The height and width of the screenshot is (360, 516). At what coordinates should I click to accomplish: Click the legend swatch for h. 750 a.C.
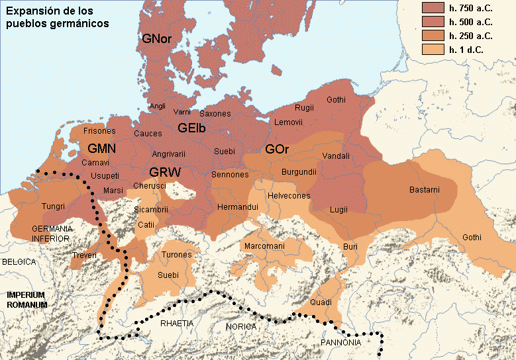coord(433,8)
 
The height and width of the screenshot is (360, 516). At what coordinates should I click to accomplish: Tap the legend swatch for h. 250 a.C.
coord(433,35)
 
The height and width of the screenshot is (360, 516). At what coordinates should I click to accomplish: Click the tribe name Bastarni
coord(424,190)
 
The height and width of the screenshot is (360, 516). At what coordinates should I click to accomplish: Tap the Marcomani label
coord(264,246)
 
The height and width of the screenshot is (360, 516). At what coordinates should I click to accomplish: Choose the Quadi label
coord(321,302)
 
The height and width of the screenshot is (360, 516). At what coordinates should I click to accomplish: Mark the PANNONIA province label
coord(340,343)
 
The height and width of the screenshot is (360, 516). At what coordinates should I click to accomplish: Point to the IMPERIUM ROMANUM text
coord(26,300)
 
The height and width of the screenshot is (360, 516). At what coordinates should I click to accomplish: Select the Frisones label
coord(100,132)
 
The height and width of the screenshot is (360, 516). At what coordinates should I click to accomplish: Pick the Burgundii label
coord(299,172)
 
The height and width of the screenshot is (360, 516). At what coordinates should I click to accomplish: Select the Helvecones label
coord(288,196)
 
